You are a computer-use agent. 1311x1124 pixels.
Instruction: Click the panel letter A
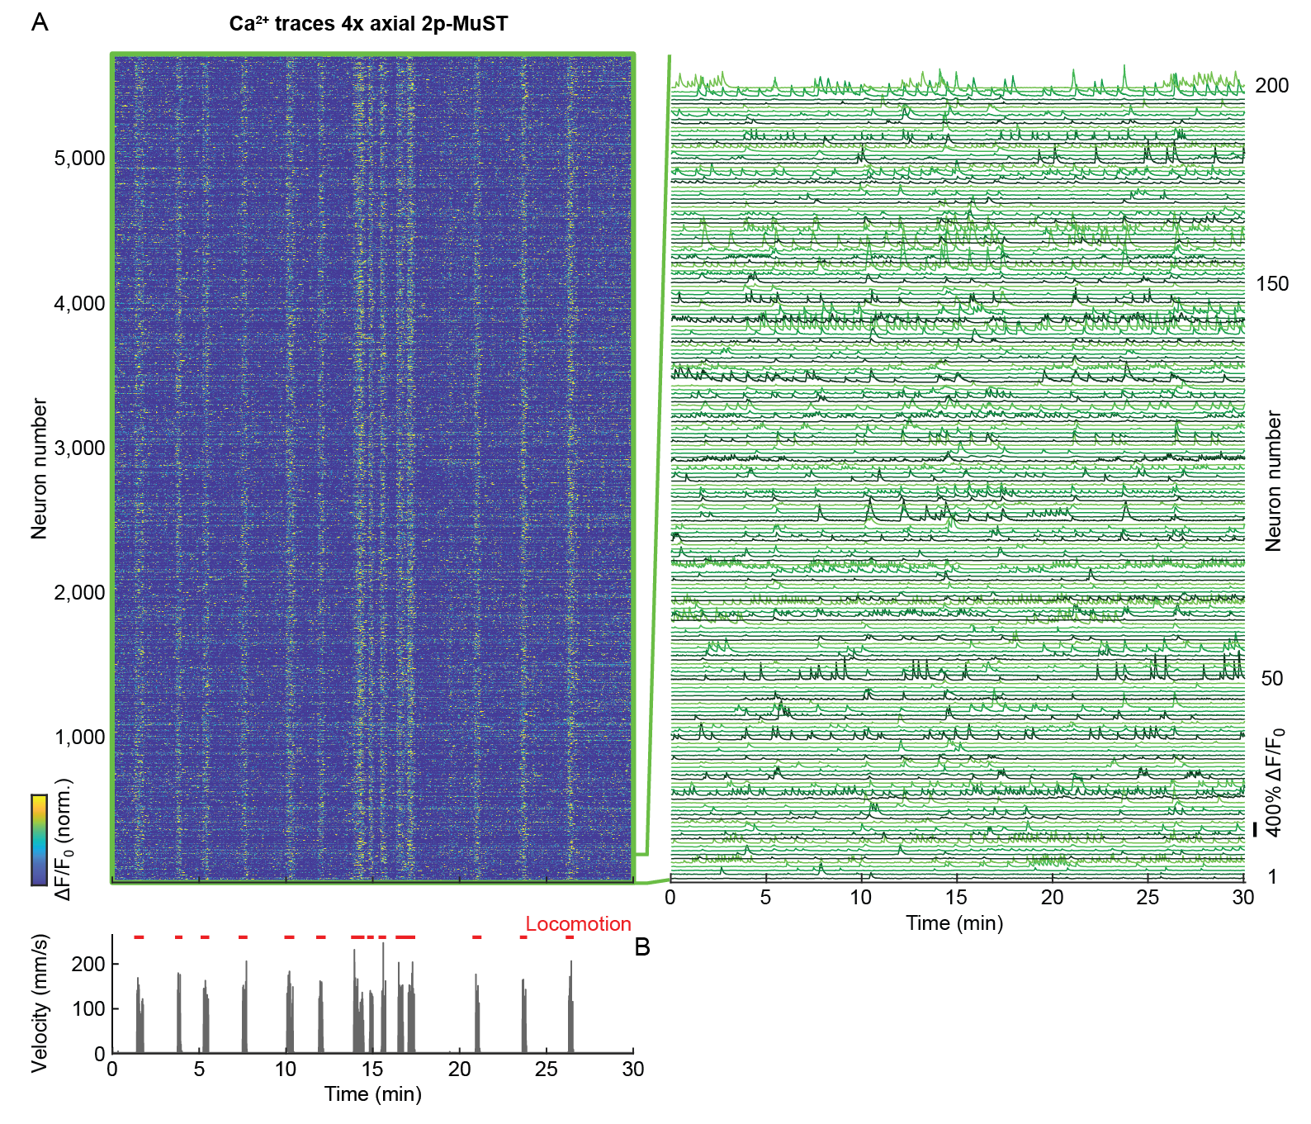39,22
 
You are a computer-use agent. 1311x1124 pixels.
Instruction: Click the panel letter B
642,947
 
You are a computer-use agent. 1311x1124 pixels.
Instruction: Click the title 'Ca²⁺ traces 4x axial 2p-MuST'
368,24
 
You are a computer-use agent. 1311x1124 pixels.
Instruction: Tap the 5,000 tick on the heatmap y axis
80,159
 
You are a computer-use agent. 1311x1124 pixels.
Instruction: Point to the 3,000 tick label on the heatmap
80,448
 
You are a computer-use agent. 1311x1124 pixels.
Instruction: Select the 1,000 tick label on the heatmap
80,737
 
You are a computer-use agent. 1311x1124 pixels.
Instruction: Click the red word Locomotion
578,924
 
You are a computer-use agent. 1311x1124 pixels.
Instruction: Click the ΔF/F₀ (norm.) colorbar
39,839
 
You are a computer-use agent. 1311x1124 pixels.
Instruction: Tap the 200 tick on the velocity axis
88,965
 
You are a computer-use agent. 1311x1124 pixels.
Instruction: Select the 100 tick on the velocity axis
88,1009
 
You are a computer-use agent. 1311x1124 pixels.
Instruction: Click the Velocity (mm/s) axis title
39,1003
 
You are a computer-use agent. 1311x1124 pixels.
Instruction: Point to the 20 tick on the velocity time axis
460,1069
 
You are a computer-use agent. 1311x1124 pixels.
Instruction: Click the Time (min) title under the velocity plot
373,1094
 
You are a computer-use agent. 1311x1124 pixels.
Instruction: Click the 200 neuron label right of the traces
1271,86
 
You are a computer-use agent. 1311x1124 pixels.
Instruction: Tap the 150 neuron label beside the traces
1271,284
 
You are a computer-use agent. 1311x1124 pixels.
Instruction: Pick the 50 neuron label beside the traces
1271,679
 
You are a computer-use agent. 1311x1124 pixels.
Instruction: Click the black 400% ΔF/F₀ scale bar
1254,829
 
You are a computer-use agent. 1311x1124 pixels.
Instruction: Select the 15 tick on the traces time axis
957,898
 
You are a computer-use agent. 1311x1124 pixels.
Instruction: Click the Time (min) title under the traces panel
954,923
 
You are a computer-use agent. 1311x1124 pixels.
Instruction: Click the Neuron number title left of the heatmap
39,468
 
